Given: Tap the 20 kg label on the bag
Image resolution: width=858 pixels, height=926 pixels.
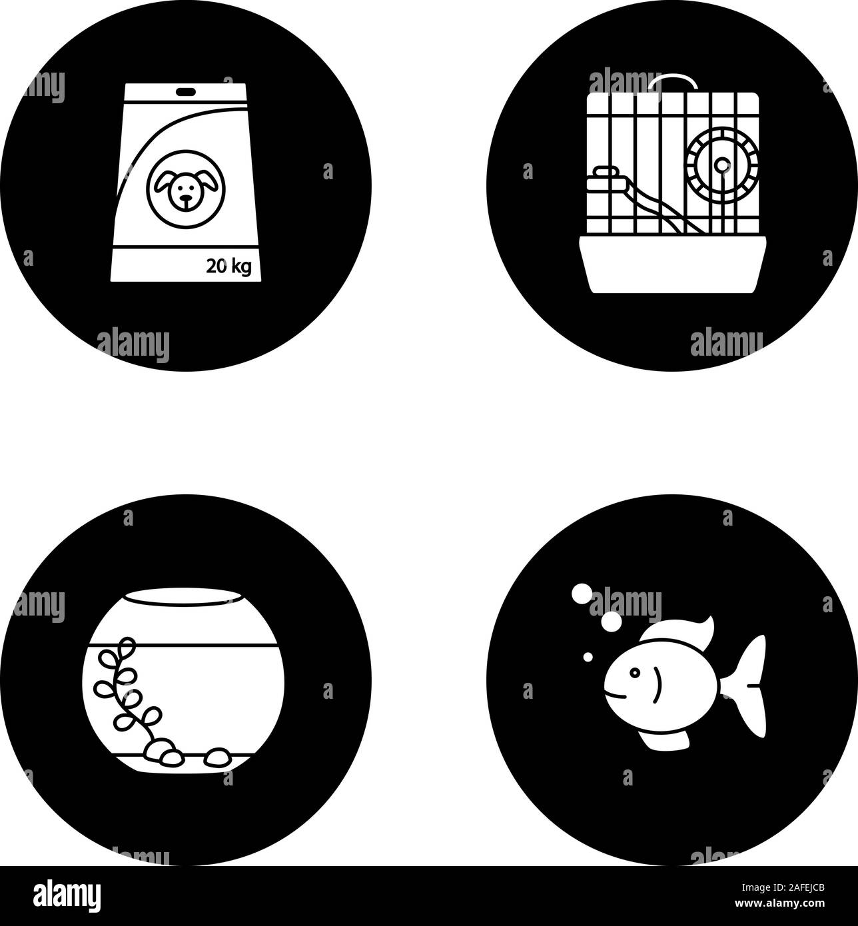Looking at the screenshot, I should click(228, 267).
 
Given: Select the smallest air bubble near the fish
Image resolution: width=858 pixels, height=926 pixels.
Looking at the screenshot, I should click(588, 658).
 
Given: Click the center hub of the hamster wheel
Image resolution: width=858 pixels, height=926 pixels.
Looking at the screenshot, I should click(721, 164).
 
